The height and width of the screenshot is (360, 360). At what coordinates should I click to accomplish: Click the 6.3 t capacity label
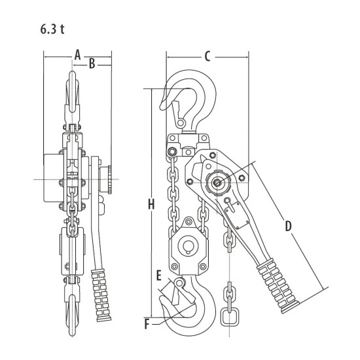pos(52,29)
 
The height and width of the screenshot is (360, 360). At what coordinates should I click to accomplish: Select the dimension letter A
pos(78,55)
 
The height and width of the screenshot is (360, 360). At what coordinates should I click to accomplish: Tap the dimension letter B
pos(92,63)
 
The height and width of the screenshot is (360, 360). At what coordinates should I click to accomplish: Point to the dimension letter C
pos(207,56)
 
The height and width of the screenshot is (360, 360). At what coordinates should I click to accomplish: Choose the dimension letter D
pos(288,226)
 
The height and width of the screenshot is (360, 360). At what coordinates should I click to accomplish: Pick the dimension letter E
pos(159,276)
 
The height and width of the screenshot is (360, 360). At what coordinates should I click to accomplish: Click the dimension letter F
pos(147,325)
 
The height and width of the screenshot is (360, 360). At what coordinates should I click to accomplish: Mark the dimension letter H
pos(151,204)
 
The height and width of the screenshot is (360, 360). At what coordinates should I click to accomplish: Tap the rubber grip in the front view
pos(101,295)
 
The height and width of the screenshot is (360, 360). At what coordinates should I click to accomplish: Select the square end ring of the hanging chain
pos(228,317)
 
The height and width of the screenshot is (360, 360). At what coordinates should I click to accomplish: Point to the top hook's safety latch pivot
pos(181,123)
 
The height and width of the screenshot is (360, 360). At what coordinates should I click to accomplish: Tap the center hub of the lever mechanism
pos(217,183)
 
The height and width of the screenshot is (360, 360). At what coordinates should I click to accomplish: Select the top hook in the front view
pos(73,92)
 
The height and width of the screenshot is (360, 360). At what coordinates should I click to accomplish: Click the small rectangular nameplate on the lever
pos(237,215)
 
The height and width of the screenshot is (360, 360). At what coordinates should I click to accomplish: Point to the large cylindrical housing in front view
pos(54,178)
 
